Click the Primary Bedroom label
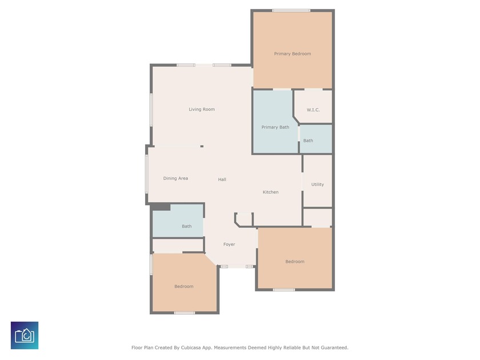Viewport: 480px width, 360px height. pyautogui.click(x=293, y=54)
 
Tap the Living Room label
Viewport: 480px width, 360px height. pyautogui.click(x=202, y=109)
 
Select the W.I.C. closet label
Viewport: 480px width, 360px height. pyautogui.click(x=313, y=110)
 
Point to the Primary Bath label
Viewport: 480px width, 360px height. pyautogui.click(x=275, y=127)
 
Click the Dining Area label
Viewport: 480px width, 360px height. pyautogui.click(x=175, y=178)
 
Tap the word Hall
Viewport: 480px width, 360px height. pyautogui.click(x=222, y=179)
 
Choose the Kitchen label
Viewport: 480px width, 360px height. pyautogui.click(x=271, y=192)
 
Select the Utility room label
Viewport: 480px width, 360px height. pyautogui.click(x=318, y=184)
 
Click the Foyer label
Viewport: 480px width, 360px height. pyautogui.click(x=229, y=245)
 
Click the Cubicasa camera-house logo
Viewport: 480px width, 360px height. pyautogui.click(x=25, y=335)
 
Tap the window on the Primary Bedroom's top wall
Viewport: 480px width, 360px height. pyautogui.click(x=291, y=11)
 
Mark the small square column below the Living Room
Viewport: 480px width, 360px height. pyautogui.click(x=202, y=146)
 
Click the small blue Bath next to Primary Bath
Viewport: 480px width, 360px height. pyautogui.click(x=315, y=138)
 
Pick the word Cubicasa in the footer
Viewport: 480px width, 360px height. pyautogui.click(x=191, y=347)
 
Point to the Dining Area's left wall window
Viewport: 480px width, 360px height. pyautogui.click(x=147, y=174)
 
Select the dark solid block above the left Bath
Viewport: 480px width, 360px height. pyautogui.click(x=161, y=207)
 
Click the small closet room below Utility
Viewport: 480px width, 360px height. pyautogui.click(x=318, y=218)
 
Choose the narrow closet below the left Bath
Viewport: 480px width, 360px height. pyautogui.click(x=178, y=245)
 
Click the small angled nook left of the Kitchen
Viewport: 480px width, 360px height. pyautogui.click(x=244, y=220)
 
